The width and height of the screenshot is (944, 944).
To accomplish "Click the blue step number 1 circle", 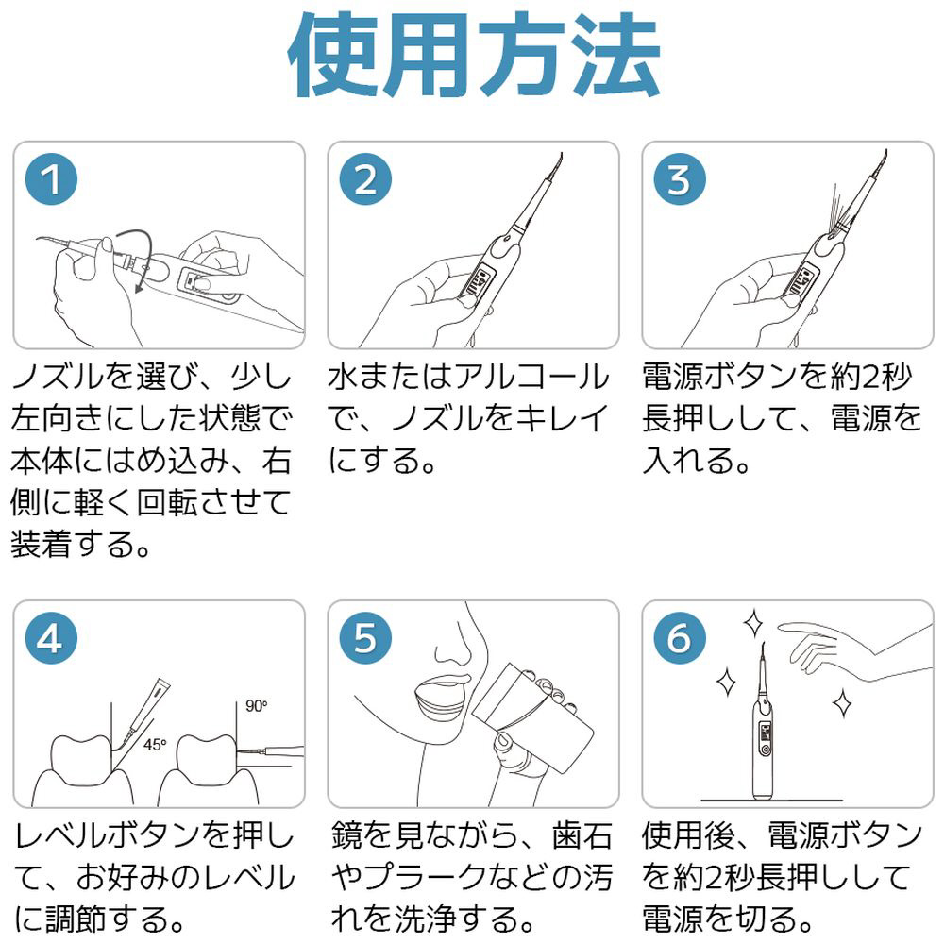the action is click(x=51, y=178).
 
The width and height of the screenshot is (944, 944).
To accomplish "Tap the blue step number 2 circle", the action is click(x=365, y=178).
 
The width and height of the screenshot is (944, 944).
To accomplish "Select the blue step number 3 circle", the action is click(x=680, y=178).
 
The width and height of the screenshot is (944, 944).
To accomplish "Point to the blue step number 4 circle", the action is click(x=51, y=637).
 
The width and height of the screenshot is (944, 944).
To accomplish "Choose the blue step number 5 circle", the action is click(x=365, y=637).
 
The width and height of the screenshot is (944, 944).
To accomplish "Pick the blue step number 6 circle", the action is click(x=680, y=637).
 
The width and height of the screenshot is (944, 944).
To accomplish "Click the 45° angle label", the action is click(x=155, y=745).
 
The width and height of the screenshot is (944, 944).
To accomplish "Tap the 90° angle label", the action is click(x=256, y=705).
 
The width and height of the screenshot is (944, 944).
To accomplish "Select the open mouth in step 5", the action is click(x=441, y=699).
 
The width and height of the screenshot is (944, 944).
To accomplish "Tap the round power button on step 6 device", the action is click(x=766, y=750).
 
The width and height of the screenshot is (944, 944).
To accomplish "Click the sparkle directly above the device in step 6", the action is click(x=753, y=623).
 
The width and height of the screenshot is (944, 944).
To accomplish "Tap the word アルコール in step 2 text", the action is click(x=531, y=378).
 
